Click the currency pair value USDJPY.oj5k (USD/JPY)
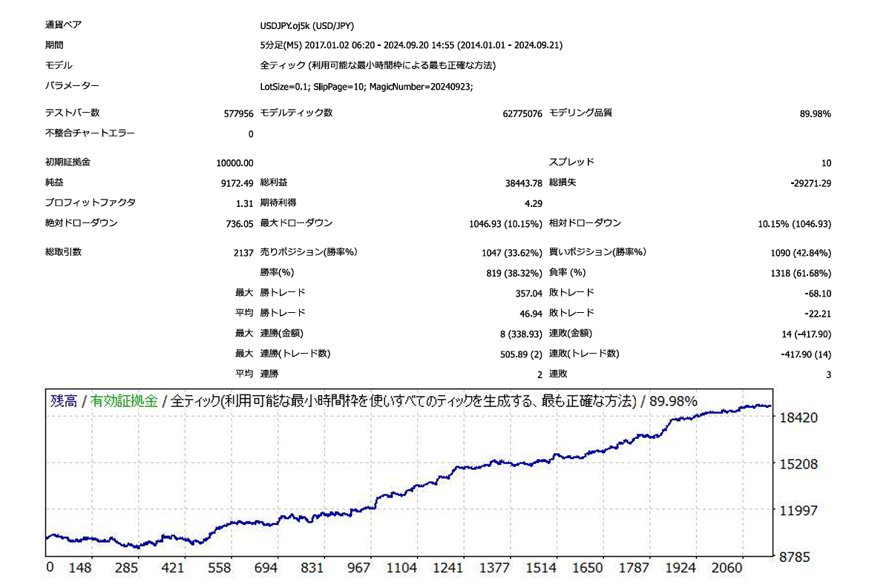307,25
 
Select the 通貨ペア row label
64,24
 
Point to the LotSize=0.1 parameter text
285,87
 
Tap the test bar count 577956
238,114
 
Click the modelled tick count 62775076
522,114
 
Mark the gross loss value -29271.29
811,183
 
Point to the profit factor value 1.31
245,203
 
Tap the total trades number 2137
243,253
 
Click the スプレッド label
571,162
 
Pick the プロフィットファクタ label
91,202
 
